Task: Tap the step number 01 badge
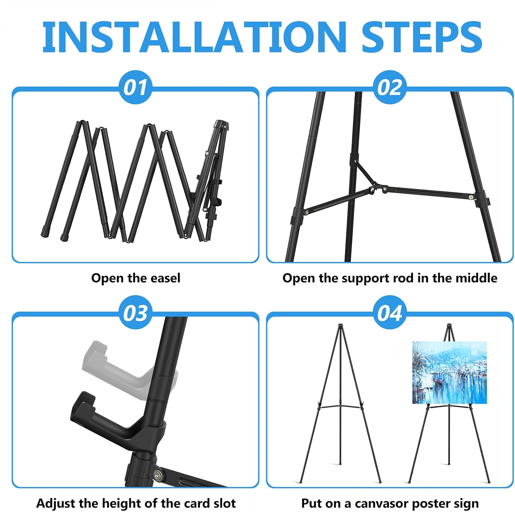pyautogui.click(x=135, y=87)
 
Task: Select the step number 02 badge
pyautogui.click(x=390, y=87)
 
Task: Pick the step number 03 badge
pyautogui.click(x=135, y=312)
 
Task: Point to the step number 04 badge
pyautogui.click(x=390, y=312)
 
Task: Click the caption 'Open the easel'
pyautogui.click(x=136, y=278)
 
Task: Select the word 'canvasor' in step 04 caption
pyautogui.click(x=382, y=503)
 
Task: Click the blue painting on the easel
pyautogui.click(x=449, y=372)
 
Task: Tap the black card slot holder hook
pyautogui.click(x=113, y=418)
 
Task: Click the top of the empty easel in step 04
pyautogui.click(x=340, y=325)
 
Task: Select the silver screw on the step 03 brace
pyautogui.click(x=159, y=475)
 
